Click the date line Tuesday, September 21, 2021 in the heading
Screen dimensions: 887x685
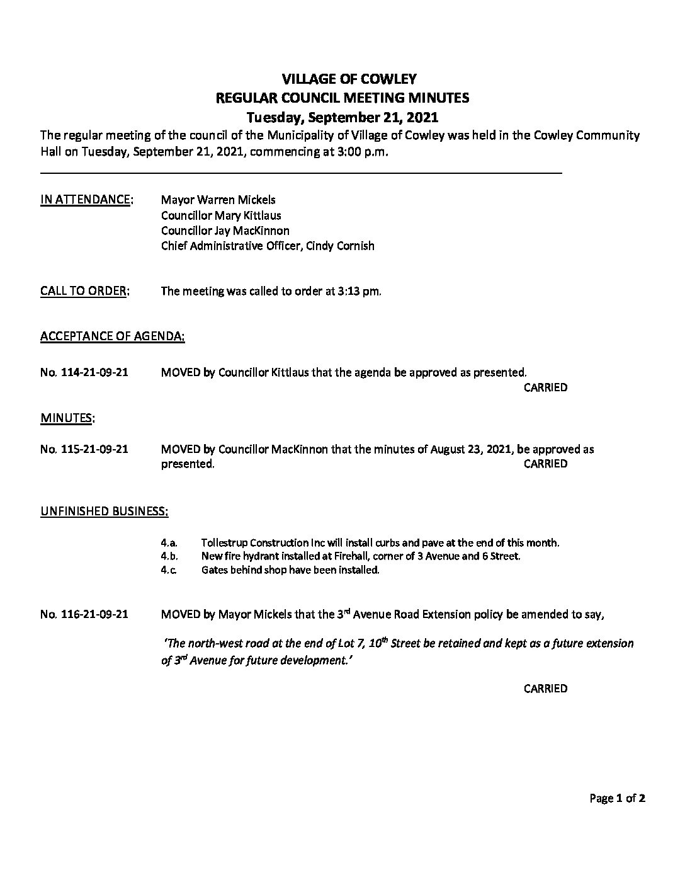[x=342, y=118]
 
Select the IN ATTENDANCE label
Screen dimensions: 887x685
[x=86, y=200]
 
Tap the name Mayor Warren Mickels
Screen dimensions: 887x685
[x=218, y=200]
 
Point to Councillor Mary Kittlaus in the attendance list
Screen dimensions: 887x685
[x=221, y=215]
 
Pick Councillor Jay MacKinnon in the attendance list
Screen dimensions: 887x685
[x=225, y=231]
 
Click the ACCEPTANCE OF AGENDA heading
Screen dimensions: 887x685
[x=113, y=337]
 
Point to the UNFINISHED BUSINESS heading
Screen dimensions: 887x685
[x=104, y=511]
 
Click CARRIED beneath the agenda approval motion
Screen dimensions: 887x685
[x=545, y=387]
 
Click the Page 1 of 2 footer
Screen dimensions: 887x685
[x=617, y=799]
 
